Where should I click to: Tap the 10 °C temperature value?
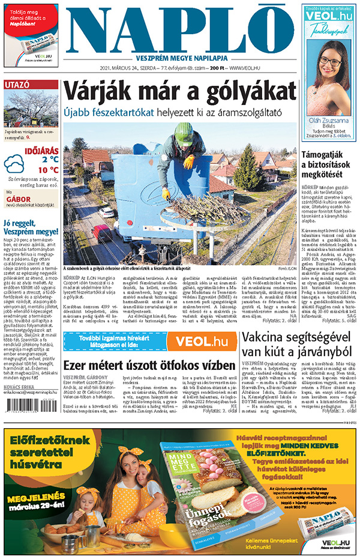pos(49,170)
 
